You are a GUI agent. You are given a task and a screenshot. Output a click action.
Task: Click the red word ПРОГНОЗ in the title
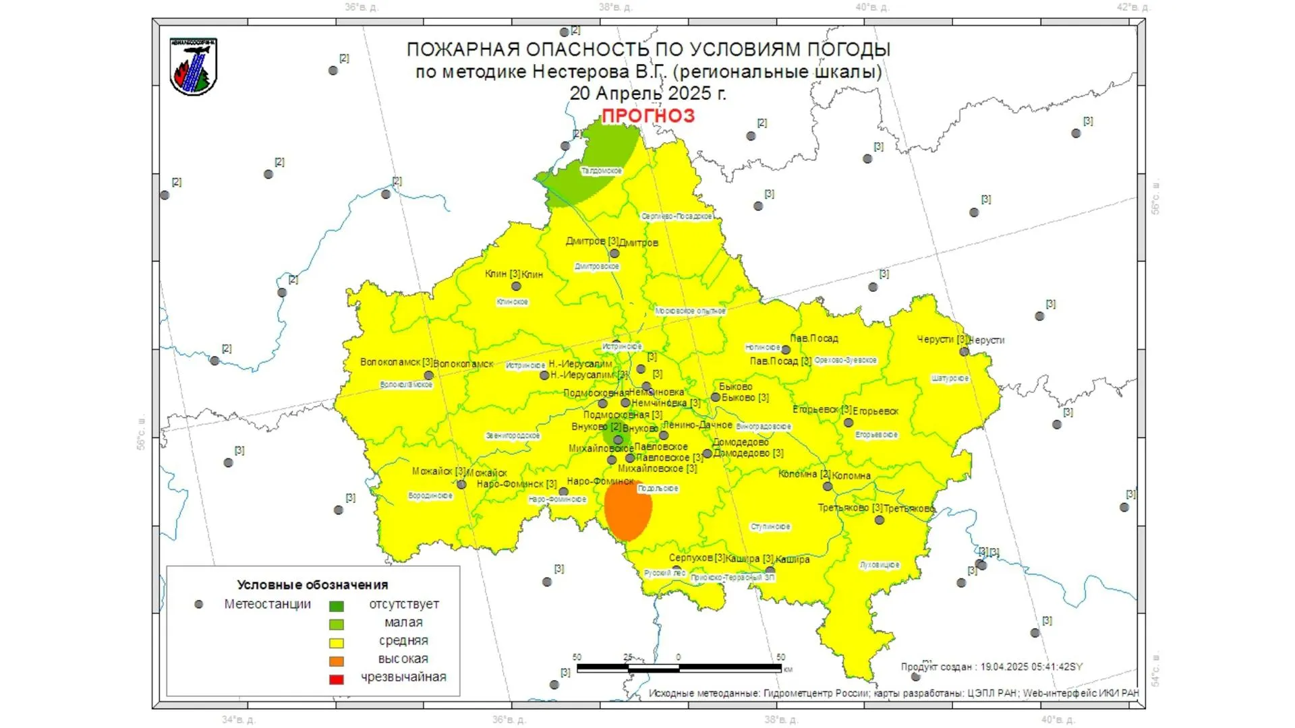pyautogui.click(x=647, y=116)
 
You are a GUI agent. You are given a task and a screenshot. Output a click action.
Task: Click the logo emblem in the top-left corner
pyautogui.click(x=194, y=66)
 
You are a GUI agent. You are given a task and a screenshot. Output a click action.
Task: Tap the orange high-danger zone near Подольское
pyautogui.click(x=627, y=510)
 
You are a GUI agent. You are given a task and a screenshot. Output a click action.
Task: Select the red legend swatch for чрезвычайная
pyautogui.click(x=336, y=679)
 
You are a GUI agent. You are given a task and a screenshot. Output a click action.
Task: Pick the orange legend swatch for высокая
pyautogui.click(x=336, y=661)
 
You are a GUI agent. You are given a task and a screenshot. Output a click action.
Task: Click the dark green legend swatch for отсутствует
pyautogui.click(x=336, y=605)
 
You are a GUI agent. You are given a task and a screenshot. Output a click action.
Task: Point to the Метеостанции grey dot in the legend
pyautogui.click(x=198, y=605)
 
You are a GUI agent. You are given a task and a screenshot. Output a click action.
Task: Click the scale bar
pyautogui.click(x=679, y=667)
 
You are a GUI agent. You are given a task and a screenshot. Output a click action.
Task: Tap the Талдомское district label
pyautogui.click(x=602, y=171)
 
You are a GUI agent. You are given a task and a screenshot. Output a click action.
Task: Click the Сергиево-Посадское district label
pyautogui.click(x=677, y=216)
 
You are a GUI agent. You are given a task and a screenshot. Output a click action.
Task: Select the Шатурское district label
pyautogui.click(x=950, y=378)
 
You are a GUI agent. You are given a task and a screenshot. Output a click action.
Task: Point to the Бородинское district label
pyautogui.click(x=430, y=495)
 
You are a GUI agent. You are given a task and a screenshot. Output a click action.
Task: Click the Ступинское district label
pyautogui.click(x=770, y=526)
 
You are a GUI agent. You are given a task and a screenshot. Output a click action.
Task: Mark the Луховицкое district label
pyautogui.click(x=879, y=565)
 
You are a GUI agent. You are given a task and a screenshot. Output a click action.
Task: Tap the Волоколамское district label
pyautogui.click(x=406, y=384)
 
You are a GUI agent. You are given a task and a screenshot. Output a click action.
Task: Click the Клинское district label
pyautogui.click(x=512, y=302)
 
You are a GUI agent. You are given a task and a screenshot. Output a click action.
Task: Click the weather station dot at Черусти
pyautogui.click(x=964, y=351)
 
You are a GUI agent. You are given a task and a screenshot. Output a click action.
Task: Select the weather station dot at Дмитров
pyautogui.click(x=614, y=253)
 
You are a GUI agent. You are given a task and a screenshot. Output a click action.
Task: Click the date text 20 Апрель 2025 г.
pyautogui.click(x=647, y=93)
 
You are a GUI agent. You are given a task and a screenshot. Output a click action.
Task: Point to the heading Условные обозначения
pyautogui.click(x=312, y=584)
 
